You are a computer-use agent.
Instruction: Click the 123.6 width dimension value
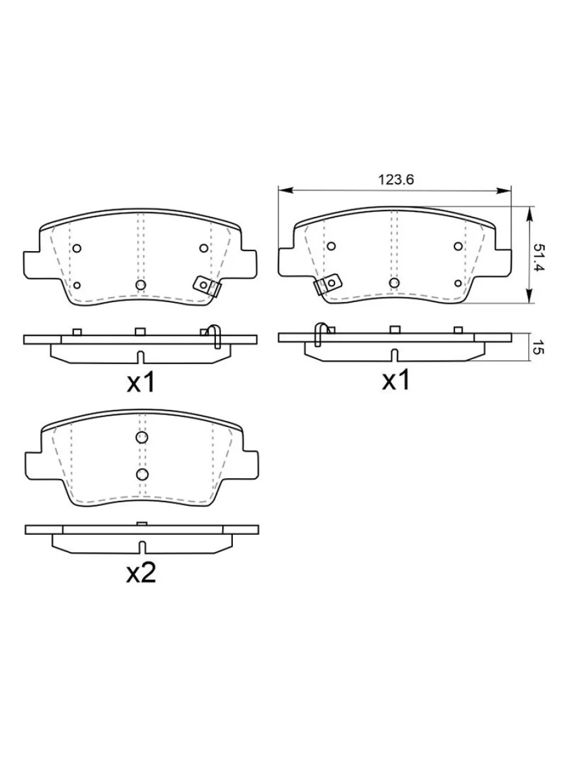(x=396, y=180)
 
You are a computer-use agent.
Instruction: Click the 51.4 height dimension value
(x=538, y=257)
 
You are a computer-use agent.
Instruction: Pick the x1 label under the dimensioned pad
(x=396, y=380)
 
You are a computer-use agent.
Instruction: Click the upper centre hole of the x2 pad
(x=142, y=437)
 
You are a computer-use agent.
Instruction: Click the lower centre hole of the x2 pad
(x=142, y=474)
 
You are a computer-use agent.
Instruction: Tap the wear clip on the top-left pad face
(x=207, y=286)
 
